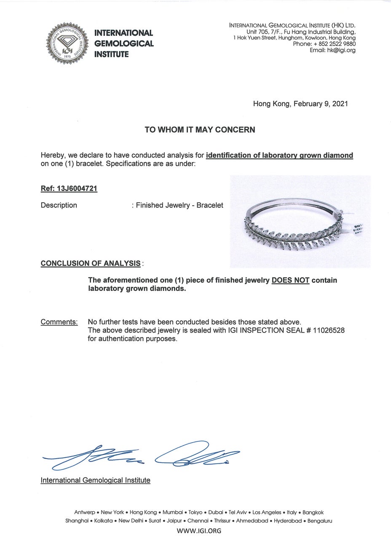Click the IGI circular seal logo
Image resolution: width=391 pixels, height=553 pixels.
pyautogui.click(x=67, y=43)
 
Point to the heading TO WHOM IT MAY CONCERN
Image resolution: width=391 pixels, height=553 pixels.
pyautogui.click(x=200, y=130)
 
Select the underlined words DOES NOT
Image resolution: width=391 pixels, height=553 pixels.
pyautogui.click(x=290, y=280)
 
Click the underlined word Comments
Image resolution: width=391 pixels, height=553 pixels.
pyautogui.click(x=59, y=322)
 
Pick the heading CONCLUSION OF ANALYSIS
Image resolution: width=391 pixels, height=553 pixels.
pyautogui.click(x=91, y=263)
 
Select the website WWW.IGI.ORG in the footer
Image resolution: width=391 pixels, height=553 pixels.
pyautogui.click(x=199, y=531)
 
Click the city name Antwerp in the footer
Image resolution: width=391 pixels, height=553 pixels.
pyautogui.click(x=85, y=513)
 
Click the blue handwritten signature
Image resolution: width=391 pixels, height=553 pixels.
pyautogui.click(x=141, y=456)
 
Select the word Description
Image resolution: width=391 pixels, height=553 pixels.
pyautogui.click(x=59, y=205)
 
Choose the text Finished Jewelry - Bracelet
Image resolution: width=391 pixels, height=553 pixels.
pyautogui.click(x=179, y=205)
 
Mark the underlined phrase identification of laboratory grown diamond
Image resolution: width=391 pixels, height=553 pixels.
pyautogui.click(x=279, y=156)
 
